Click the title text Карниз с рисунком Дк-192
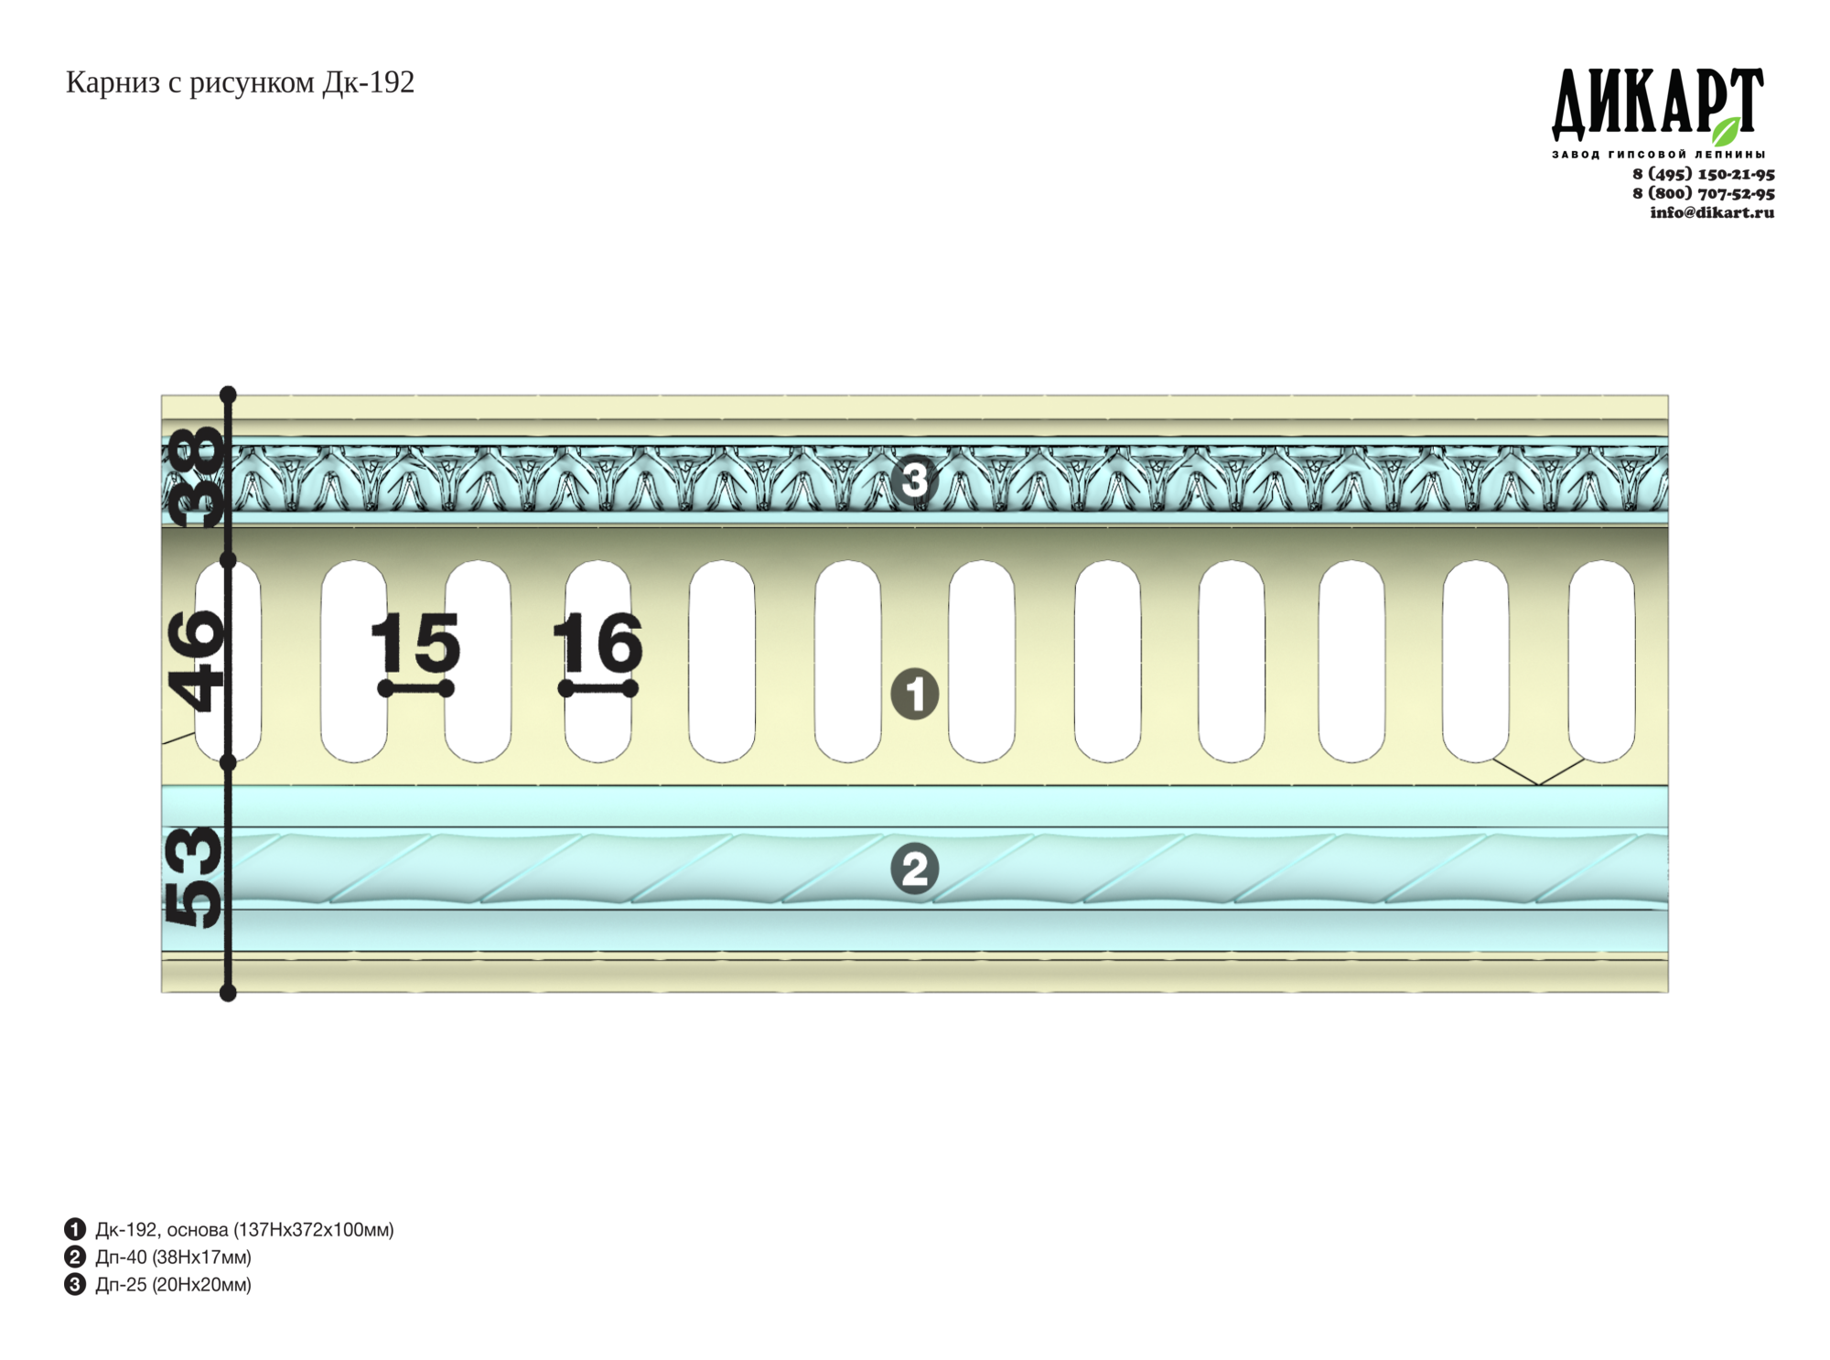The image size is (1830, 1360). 240,83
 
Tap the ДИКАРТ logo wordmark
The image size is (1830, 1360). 1657,104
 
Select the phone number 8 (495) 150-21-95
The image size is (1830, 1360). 1704,174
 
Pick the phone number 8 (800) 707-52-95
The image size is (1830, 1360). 1704,193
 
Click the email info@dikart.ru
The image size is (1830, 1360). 1712,212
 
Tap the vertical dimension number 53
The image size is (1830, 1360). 194,877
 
